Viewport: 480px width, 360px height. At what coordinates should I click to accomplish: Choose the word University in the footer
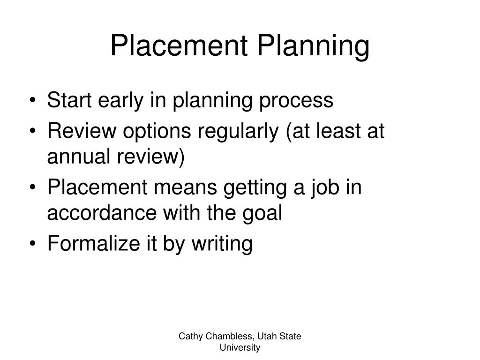click(240, 347)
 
